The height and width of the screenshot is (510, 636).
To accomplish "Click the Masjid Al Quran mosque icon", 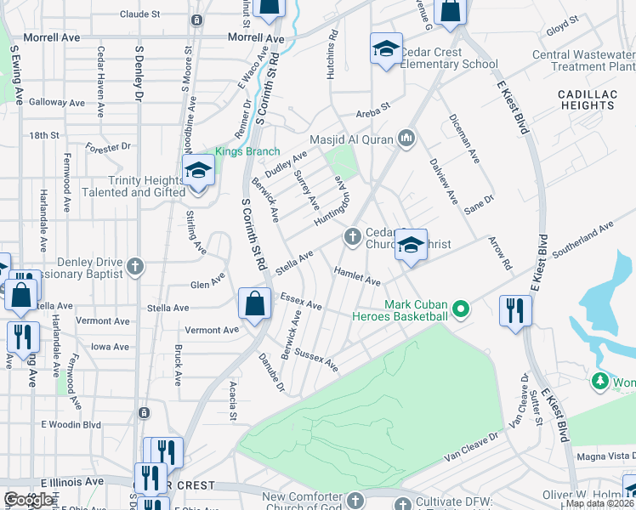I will pos(406,138).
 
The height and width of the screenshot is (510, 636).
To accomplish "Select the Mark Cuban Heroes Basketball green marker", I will pos(461,309).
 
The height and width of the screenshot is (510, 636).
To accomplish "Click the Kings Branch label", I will pos(243,152).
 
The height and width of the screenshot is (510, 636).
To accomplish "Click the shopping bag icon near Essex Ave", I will pos(255,303).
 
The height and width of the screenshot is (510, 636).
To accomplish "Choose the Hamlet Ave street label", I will pos(357,275).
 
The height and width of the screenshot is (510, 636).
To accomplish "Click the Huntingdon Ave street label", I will pos(332,201).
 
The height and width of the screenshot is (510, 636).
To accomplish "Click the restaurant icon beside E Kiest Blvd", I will pos(515,310).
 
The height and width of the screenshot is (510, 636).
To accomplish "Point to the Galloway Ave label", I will pos(57,102).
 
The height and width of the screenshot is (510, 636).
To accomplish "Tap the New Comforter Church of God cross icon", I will pos(355,498).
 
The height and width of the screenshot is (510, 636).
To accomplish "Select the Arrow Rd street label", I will pos(501,254).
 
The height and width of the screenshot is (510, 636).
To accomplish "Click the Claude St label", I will pos(139,14).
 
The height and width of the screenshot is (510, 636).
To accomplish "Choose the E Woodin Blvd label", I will pos(71,424).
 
